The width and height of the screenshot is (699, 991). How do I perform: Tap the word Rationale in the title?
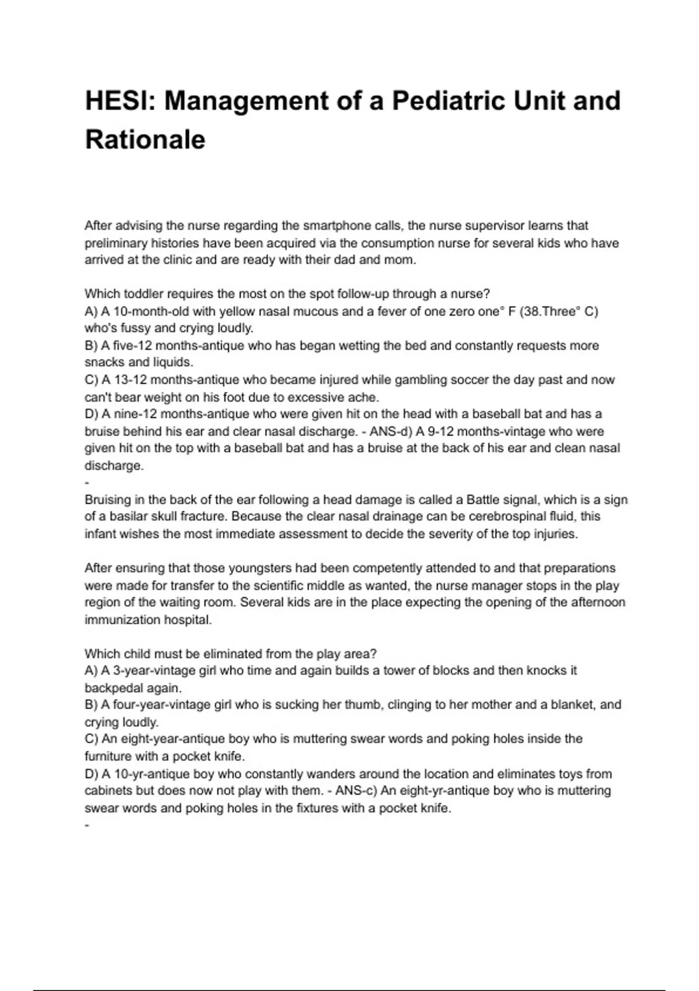(145, 140)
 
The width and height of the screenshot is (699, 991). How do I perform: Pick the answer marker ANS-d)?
(391, 432)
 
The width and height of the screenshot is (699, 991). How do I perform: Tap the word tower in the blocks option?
(398, 671)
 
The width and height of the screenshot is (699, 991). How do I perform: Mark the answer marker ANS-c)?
(357, 791)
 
